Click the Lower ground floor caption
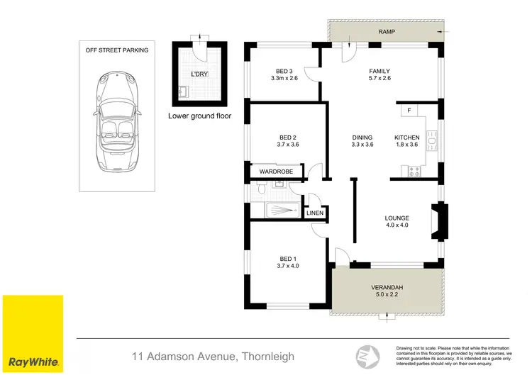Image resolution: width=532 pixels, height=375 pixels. [199, 116]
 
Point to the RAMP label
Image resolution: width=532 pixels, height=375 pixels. [387, 33]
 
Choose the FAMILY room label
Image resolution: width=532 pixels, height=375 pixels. [380, 74]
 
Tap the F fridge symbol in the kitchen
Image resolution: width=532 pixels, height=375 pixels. [409, 111]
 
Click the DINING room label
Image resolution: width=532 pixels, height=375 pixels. [362, 141]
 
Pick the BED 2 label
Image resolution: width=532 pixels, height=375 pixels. [287, 141]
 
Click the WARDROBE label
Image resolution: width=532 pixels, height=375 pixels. [277, 171]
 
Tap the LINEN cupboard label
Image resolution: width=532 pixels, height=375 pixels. [315, 213]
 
